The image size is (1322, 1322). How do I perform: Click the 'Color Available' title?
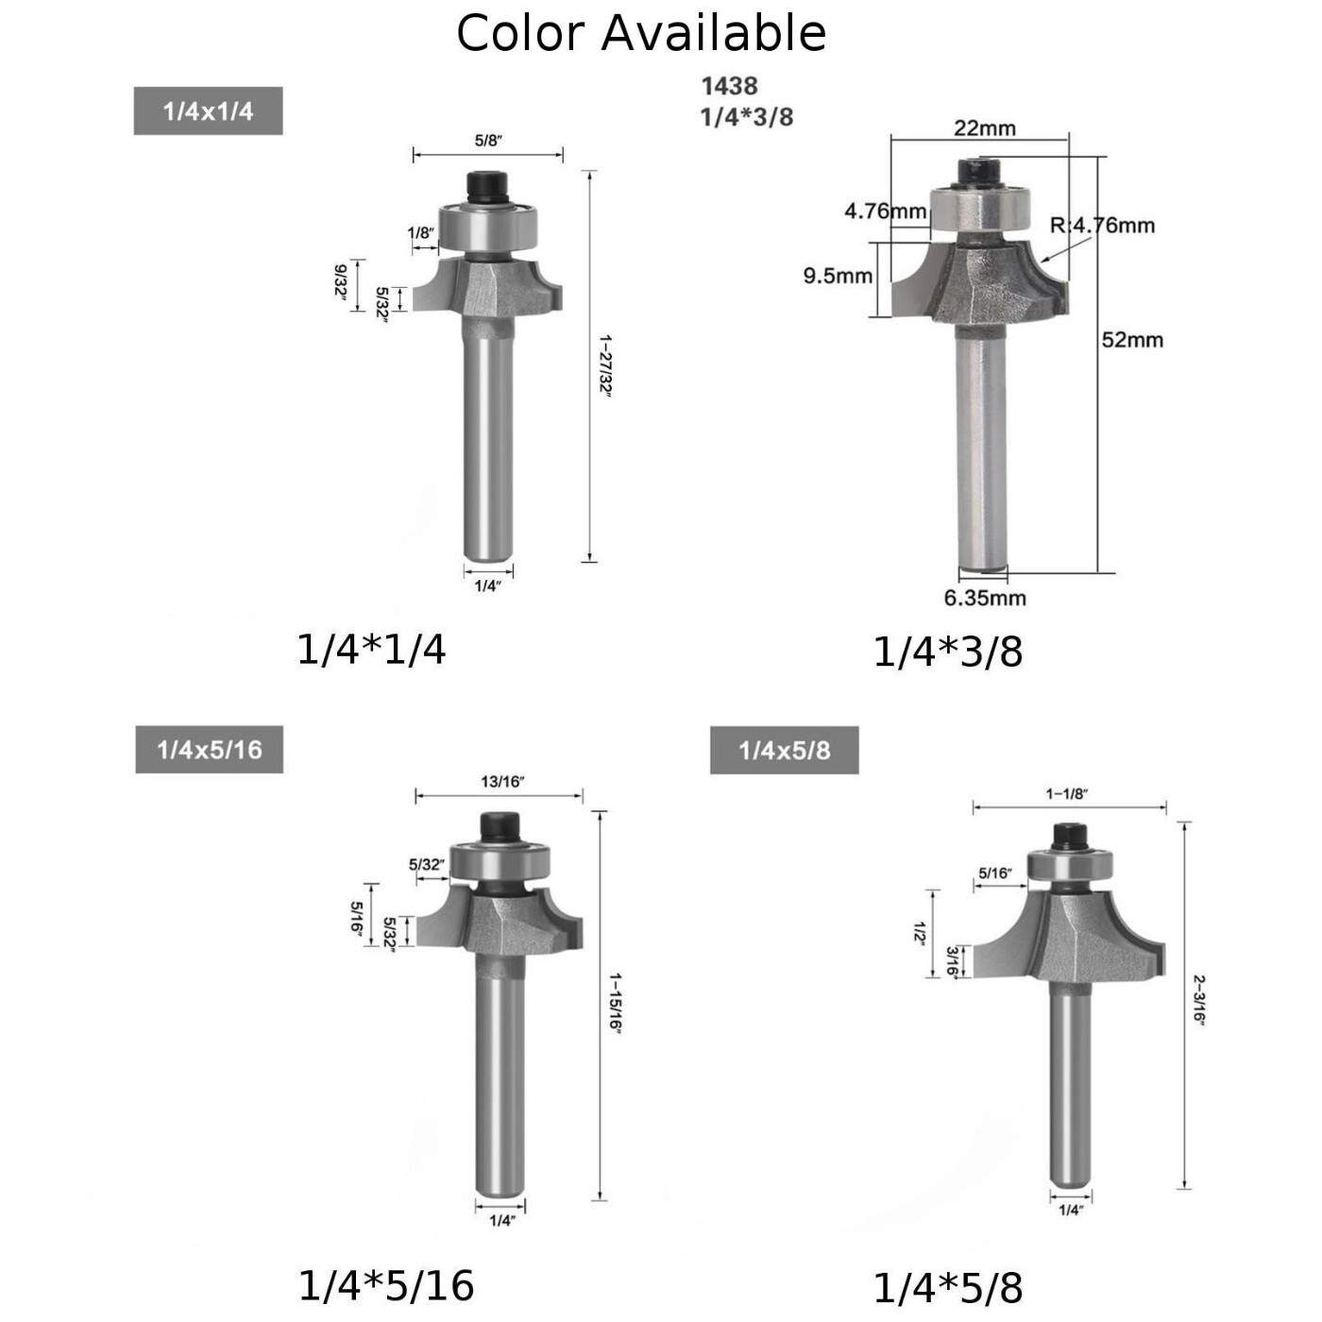[641, 33]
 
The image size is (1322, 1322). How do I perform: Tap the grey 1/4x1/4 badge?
[208, 111]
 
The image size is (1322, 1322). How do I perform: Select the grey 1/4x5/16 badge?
[209, 751]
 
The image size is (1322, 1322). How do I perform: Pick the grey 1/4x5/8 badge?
[784, 751]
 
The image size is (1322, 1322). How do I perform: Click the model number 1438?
[729, 86]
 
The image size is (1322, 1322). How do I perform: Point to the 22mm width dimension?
[984, 127]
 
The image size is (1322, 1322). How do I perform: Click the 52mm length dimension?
[1132, 339]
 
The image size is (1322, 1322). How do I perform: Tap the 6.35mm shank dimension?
[984, 598]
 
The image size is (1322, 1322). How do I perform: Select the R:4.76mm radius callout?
[1102, 225]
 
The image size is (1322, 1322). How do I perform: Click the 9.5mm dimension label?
[838, 276]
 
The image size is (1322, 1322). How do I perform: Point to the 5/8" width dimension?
[488, 141]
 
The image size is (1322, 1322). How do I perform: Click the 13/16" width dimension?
[502, 781]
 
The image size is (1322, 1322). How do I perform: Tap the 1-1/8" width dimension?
[1066, 793]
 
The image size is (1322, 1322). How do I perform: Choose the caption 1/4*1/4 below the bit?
[371, 650]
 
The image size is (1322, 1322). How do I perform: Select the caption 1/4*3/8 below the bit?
[947, 652]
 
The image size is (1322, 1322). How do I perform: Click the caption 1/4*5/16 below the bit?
[385, 1285]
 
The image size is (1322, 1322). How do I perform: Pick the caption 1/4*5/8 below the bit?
[947, 1288]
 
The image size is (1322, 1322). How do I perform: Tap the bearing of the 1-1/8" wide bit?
[1070, 866]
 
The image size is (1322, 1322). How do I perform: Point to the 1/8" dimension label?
[420, 232]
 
